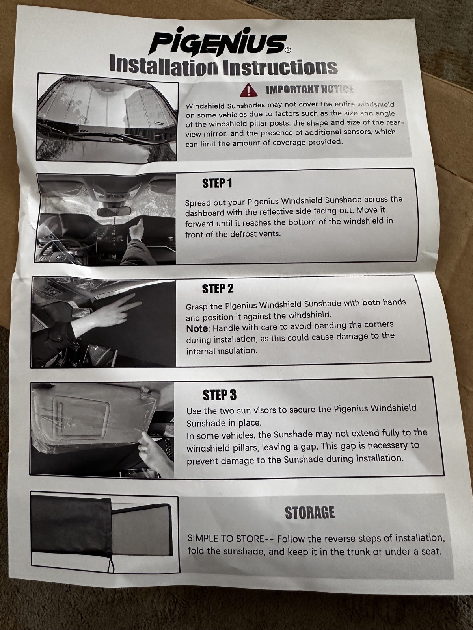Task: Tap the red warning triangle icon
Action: [248, 91]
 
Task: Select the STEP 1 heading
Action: [217, 184]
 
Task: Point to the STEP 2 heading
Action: [218, 289]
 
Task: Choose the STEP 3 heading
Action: [220, 395]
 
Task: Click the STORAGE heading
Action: [309, 513]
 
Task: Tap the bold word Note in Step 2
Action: [197, 328]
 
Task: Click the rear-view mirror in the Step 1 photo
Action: [114, 211]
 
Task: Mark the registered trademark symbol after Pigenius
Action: [289, 51]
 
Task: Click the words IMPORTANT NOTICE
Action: [310, 90]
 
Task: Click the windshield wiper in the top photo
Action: [86, 133]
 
